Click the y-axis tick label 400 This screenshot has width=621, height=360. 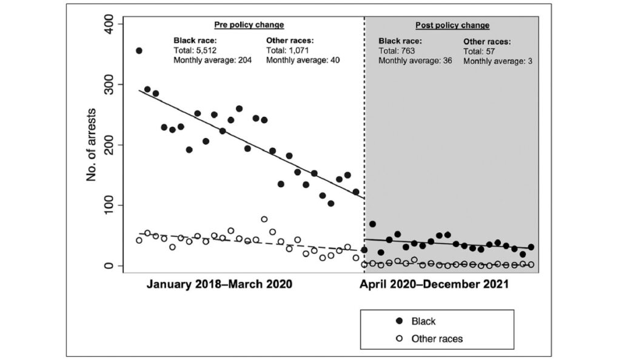113,24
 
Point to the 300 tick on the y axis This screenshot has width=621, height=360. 113,84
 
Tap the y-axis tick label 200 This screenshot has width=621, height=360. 113,145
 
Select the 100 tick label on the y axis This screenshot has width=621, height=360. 113,205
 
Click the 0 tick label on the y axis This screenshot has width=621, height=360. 113,266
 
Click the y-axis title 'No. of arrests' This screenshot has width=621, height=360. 92,145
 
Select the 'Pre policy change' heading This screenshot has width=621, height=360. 249,25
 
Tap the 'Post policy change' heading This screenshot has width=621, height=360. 452,25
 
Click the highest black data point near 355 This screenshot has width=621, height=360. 139,51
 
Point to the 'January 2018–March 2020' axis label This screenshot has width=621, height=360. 219,284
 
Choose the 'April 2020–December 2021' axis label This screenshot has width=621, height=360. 435,284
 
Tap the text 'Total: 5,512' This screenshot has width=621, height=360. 196,50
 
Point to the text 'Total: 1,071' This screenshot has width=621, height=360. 288,50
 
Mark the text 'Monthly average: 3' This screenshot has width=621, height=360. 498,61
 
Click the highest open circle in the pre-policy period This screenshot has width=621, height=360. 264,219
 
